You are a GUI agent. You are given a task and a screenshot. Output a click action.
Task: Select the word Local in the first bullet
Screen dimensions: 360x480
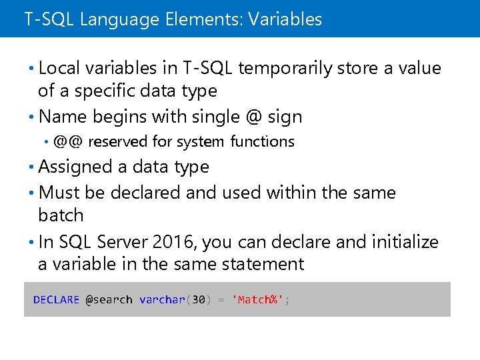click(59, 68)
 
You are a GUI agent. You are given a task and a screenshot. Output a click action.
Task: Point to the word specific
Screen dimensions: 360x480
click(104, 91)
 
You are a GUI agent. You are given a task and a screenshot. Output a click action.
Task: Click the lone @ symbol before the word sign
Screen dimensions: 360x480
click(253, 117)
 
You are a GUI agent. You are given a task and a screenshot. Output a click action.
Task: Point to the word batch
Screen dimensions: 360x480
click(61, 215)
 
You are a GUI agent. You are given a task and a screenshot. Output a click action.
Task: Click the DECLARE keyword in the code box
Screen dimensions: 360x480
click(56, 300)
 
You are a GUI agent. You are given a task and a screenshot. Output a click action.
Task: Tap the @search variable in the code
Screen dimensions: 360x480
click(109, 300)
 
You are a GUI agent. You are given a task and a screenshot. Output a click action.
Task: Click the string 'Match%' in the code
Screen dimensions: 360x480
click(257, 300)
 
